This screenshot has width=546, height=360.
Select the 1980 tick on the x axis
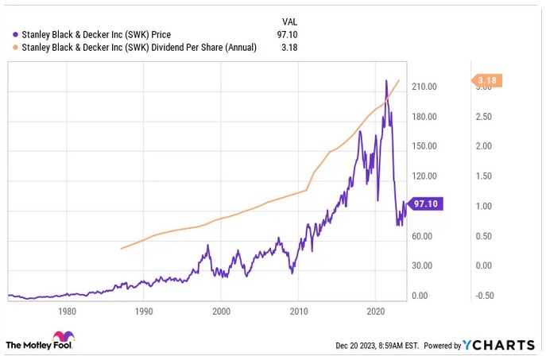(67, 312)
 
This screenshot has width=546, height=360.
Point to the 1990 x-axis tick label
(144, 312)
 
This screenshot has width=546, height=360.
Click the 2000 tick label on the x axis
(221, 312)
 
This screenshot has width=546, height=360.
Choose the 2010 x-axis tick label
(298, 312)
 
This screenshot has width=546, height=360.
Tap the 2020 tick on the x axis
(375, 312)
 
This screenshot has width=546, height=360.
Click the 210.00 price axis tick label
(427, 87)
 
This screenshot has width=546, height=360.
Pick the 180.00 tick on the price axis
(427, 117)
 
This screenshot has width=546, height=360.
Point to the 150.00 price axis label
(427, 146)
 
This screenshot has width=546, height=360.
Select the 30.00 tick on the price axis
(424, 265)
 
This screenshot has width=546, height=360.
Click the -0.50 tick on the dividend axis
(487, 296)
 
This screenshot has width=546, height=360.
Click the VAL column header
(290, 21)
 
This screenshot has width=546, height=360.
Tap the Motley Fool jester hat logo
(62, 338)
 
